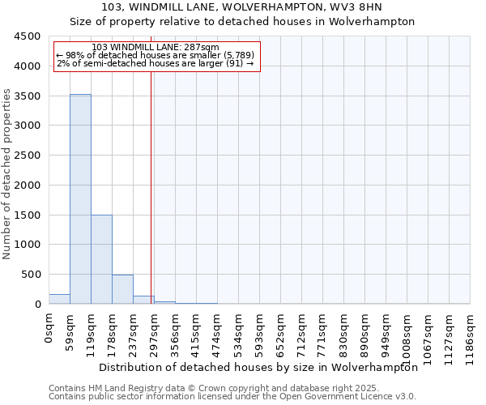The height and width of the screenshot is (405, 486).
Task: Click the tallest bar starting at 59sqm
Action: pyautogui.click(x=80, y=199)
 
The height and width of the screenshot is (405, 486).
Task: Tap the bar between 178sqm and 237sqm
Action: pyautogui.click(x=122, y=289)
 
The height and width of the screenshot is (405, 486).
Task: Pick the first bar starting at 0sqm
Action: pyautogui.click(x=59, y=299)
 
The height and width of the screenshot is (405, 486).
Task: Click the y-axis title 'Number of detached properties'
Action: pyautogui.click(x=7, y=174)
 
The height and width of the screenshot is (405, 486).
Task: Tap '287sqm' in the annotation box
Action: pyautogui.click(x=202, y=48)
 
